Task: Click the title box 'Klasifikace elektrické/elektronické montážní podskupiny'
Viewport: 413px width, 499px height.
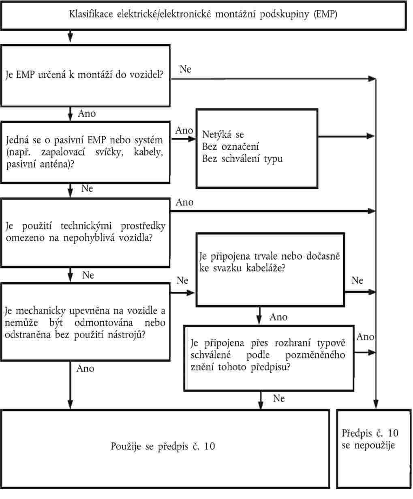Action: (x=203, y=15)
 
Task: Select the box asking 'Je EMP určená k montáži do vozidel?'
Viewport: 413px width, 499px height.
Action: (x=85, y=75)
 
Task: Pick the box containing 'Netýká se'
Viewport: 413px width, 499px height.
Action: (x=257, y=148)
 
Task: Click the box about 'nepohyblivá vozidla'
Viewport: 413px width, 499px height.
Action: (x=85, y=232)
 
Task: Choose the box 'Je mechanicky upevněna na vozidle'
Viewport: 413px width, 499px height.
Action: (x=85, y=323)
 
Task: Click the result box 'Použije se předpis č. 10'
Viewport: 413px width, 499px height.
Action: (x=163, y=446)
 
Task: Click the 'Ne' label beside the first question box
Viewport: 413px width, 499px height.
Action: (x=185, y=69)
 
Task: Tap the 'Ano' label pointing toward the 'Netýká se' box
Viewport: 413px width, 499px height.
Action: (x=184, y=131)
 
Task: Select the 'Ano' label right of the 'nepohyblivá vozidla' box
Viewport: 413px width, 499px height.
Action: (x=185, y=202)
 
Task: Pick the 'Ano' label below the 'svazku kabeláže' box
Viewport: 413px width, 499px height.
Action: (x=278, y=317)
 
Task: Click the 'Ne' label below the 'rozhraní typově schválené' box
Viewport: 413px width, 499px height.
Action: (x=279, y=399)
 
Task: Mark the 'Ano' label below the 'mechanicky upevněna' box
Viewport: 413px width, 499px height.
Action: (x=85, y=368)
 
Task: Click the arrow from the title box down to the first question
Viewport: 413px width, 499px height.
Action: (x=70, y=37)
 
